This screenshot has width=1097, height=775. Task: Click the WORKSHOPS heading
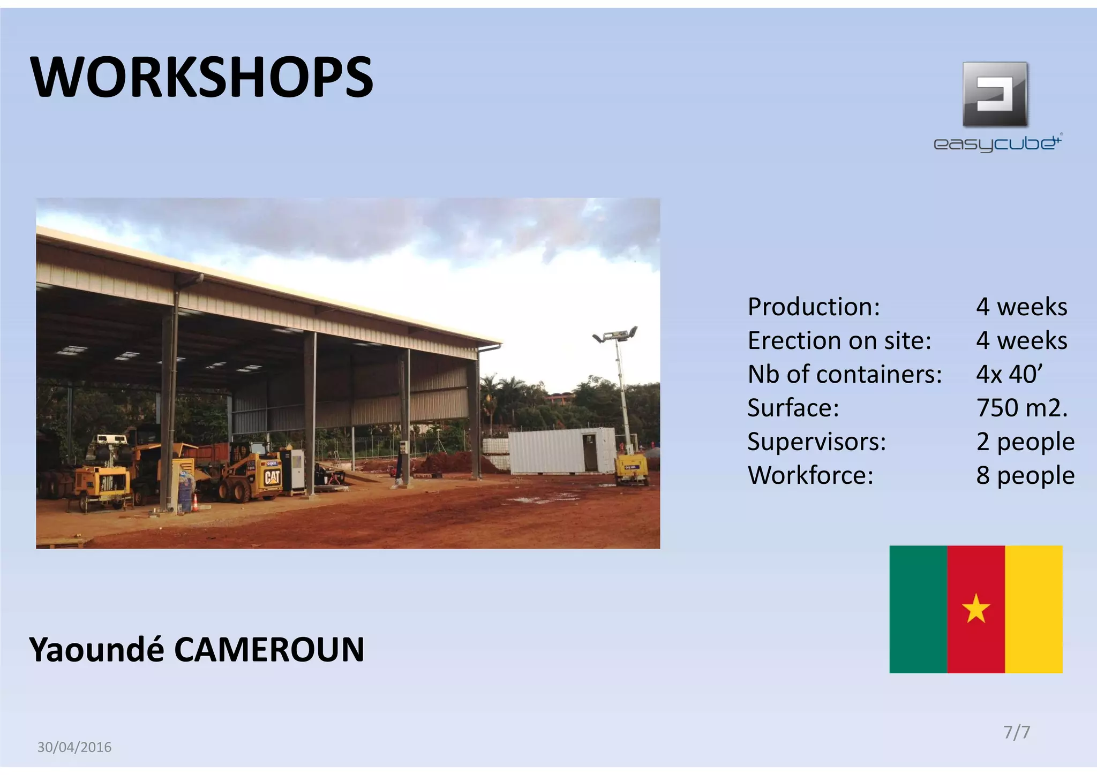(202, 78)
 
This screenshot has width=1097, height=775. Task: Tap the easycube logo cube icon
(995, 94)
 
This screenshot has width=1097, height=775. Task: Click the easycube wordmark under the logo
(997, 143)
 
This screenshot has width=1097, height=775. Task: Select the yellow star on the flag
(976, 609)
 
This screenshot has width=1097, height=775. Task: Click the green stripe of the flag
(918, 609)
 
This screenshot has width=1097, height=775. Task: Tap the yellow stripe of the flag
(1034, 609)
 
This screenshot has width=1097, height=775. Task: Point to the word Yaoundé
(96, 650)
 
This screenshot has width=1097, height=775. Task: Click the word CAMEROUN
(269, 650)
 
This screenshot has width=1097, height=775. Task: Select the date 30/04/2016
(74, 747)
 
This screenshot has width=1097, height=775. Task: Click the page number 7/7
(1017, 732)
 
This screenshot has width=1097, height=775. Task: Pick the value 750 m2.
(1021, 408)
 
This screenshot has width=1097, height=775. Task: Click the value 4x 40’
(1009, 374)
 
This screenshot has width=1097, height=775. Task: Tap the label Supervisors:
(816, 442)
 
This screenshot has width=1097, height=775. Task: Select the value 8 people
(1025, 475)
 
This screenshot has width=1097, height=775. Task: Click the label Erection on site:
(839, 340)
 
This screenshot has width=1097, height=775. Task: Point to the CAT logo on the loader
(272, 476)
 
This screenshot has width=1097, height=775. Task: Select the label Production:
(814, 307)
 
